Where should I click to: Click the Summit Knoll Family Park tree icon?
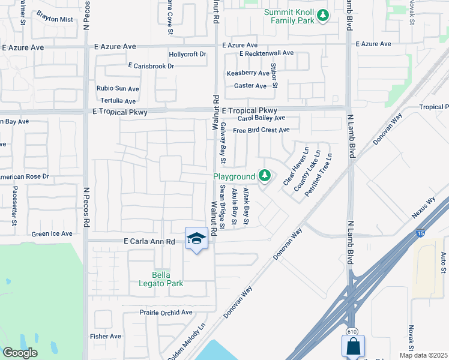[x=323, y=15]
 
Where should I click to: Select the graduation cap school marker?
[x=196, y=239]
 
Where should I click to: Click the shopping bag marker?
[x=353, y=346]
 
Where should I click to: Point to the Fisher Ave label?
[x=106, y=337]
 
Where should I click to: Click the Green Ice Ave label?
[x=52, y=234]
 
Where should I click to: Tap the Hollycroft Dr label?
[x=187, y=54]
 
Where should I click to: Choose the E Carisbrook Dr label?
[x=151, y=66]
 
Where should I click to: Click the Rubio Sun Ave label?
[x=118, y=89]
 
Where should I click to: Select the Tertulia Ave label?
[x=118, y=101]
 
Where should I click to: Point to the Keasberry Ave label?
[x=247, y=73]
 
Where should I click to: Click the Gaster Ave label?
[x=250, y=86]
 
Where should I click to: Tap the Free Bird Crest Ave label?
[x=261, y=130]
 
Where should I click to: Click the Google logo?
[x=20, y=353]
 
